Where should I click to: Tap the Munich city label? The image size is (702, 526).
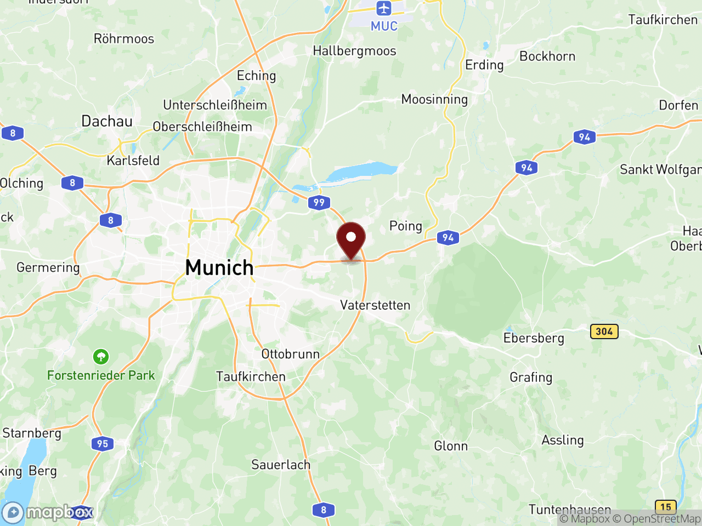point(219,268)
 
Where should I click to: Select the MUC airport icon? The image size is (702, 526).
point(383,9)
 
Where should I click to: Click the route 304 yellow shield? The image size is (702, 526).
point(604,331)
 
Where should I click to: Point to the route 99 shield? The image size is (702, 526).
point(319,203)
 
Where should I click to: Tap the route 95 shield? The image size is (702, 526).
point(103,444)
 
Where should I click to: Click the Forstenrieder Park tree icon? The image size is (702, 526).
point(100,357)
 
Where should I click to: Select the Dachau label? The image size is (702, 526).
point(107,121)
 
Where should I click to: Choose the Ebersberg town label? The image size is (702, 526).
point(534,338)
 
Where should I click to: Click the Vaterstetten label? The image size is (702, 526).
point(375,305)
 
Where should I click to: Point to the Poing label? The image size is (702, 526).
point(406,226)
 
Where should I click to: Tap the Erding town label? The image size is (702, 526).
point(484,65)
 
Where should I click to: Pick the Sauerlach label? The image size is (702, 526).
point(281,465)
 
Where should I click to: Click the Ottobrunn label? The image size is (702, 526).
point(290,354)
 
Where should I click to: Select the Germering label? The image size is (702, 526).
point(48,267)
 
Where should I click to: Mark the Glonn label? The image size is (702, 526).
point(451,446)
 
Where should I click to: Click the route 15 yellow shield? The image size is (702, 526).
point(666,507)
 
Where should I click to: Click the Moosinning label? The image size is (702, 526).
point(434,99)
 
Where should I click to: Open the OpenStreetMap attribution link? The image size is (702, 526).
point(656,518)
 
